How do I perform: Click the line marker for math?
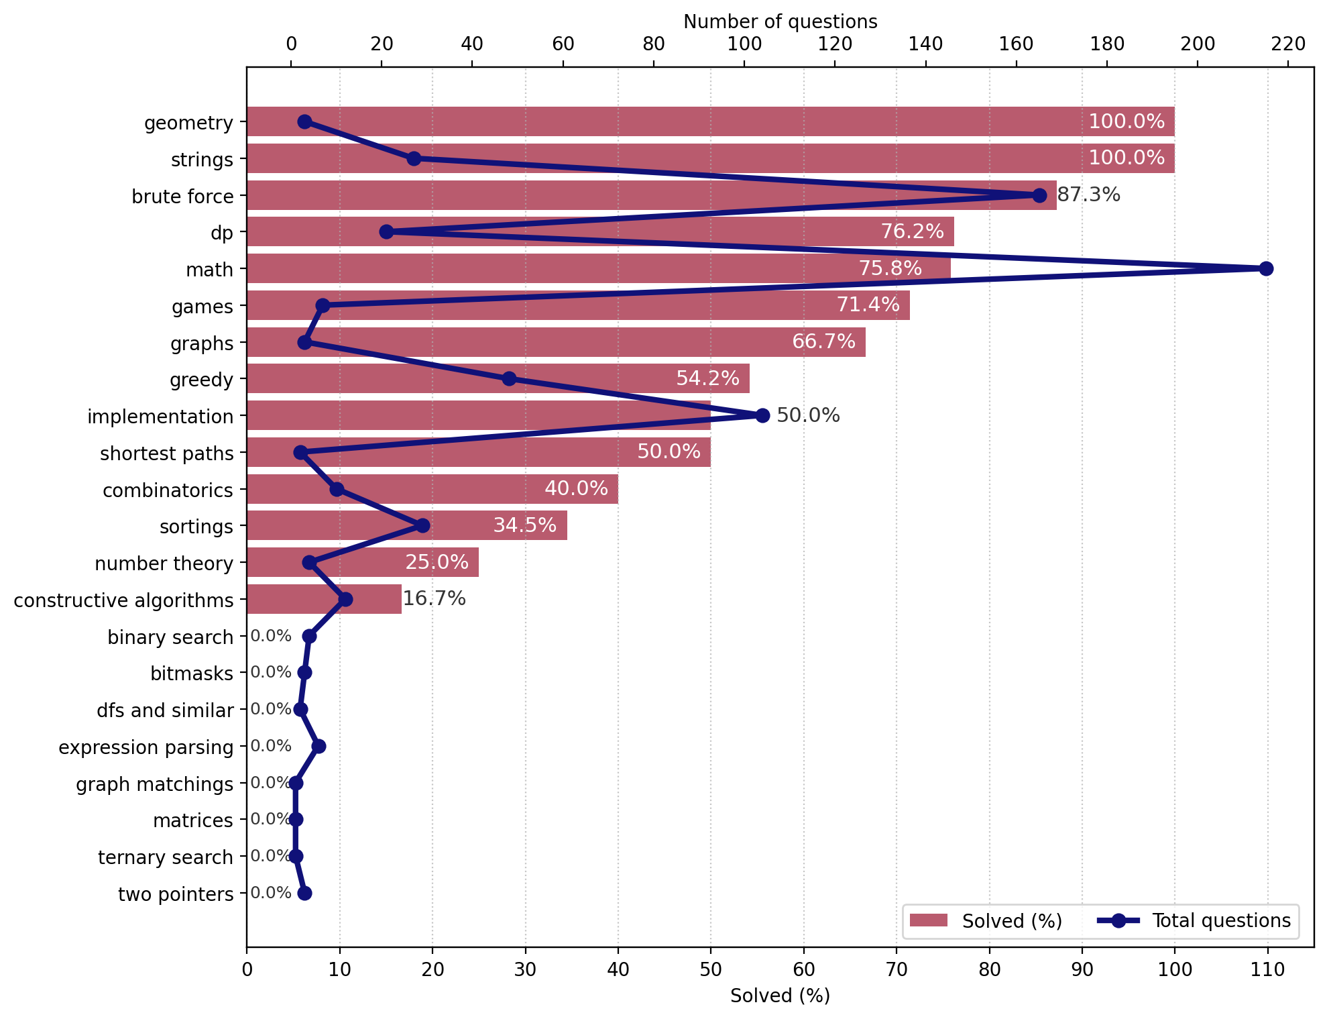[x=1266, y=269]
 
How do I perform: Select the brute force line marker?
[x=1039, y=196]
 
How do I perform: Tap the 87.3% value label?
[x=1088, y=195]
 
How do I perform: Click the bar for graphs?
[x=556, y=343]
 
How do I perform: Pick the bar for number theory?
[x=362, y=563]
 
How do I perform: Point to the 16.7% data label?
[x=434, y=598]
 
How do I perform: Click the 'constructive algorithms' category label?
[x=123, y=600]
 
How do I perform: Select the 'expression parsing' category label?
[x=146, y=747]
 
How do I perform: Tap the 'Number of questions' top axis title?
[x=780, y=22]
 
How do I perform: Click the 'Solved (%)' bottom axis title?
[x=780, y=996]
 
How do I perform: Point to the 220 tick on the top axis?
[x=1288, y=45]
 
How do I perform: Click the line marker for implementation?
[x=762, y=416]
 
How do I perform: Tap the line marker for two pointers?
[x=304, y=894]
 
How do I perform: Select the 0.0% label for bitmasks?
[x=271, y=672]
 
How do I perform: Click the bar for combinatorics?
[x=432, y=490]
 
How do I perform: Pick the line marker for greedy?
[x=509, y=379]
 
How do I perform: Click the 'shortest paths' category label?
[x=166, y=454]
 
